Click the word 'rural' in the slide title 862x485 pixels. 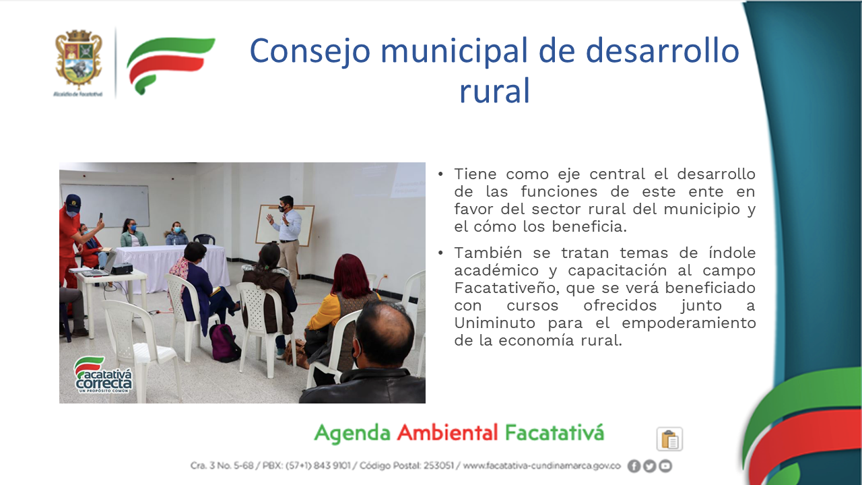coord(495,91)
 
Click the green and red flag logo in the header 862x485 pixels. coord(170,65)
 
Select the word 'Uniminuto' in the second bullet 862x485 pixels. coord(495,323)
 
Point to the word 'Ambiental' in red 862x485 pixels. coord(447,432)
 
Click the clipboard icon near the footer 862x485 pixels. coord(669,439)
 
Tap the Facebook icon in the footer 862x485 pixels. coord(634,466)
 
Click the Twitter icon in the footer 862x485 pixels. coord(650,466)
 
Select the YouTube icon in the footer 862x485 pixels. coord(665,466)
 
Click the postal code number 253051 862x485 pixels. coord(438,465)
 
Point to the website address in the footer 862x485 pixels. coord(542,465)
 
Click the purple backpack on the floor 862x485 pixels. coord(225,343)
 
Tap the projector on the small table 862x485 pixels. coord(122,269)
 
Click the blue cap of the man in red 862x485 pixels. coord(73,201)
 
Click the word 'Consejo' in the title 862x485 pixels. coord(310,51)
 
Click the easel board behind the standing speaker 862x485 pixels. coord(285,226)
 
